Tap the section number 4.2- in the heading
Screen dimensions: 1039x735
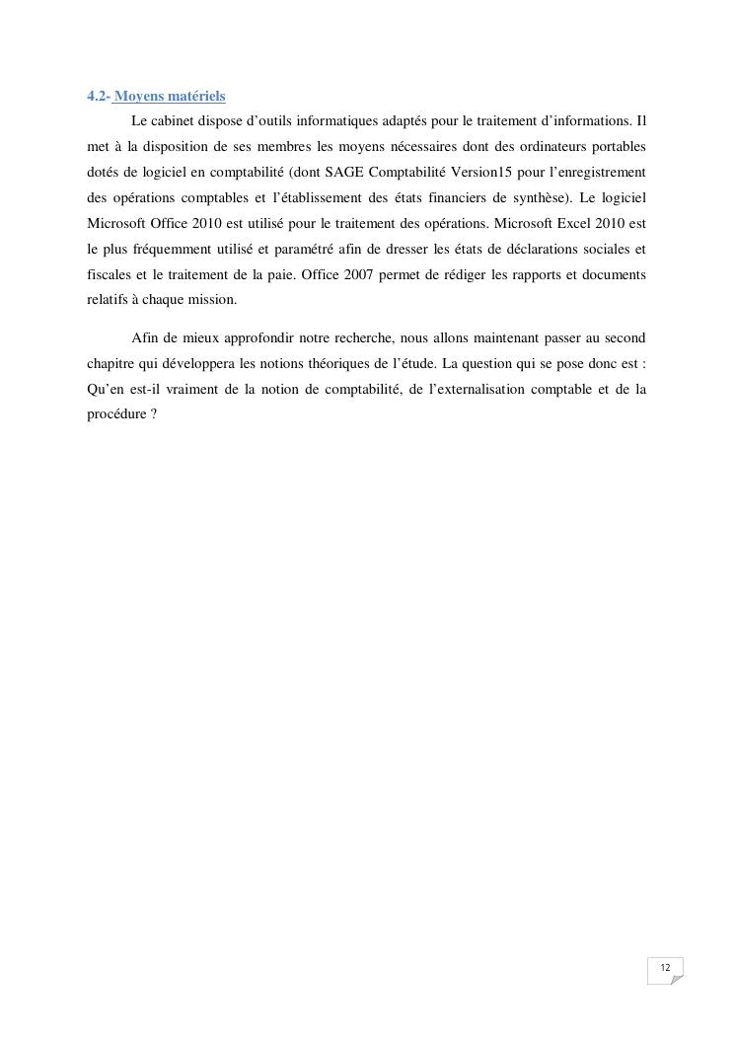[98, 96]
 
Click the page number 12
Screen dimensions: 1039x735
[665, 968]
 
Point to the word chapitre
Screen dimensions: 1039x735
[110, 363]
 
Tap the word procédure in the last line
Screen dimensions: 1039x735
[117, 414]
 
